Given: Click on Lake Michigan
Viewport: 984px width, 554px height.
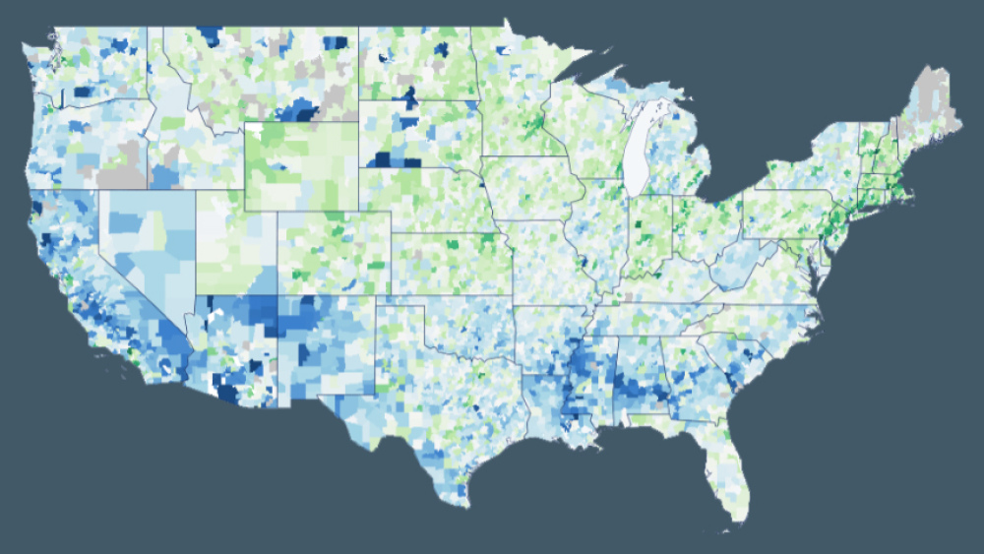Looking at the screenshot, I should [637, 148].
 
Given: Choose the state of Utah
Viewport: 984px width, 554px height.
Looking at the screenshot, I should [236, 246].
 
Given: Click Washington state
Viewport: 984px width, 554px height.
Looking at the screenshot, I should [93, 64].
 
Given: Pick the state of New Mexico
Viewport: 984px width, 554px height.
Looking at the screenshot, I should [325, 344].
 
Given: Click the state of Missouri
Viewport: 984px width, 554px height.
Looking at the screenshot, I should [556, 261].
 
